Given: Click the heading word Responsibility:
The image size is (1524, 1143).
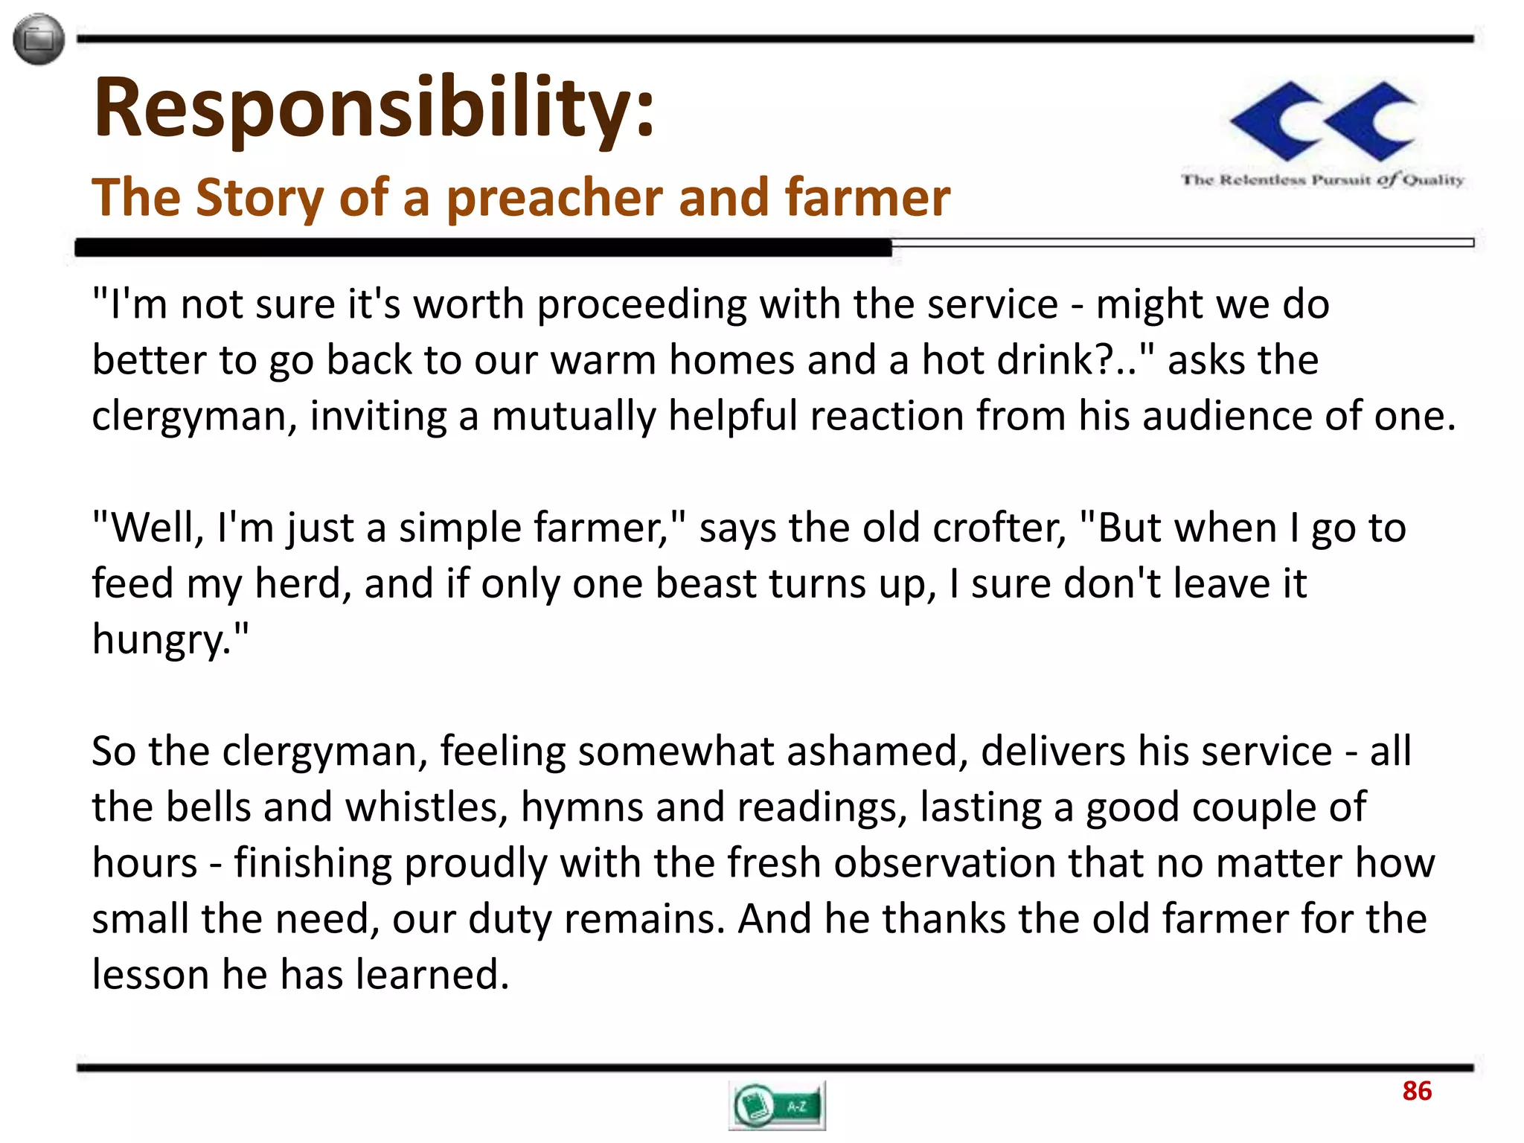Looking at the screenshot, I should coord(374,108).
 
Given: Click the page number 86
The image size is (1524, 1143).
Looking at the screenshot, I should coord(1416,1091).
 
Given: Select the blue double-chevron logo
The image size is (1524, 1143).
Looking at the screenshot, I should coord(1322,121).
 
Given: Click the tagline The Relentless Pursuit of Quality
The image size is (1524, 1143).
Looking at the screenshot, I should coord(1322,179).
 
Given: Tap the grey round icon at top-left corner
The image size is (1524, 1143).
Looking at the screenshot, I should coord(39,39).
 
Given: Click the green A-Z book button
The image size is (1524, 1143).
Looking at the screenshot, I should coord(777,1106).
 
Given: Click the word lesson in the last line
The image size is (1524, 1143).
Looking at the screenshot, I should coord(150,975).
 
